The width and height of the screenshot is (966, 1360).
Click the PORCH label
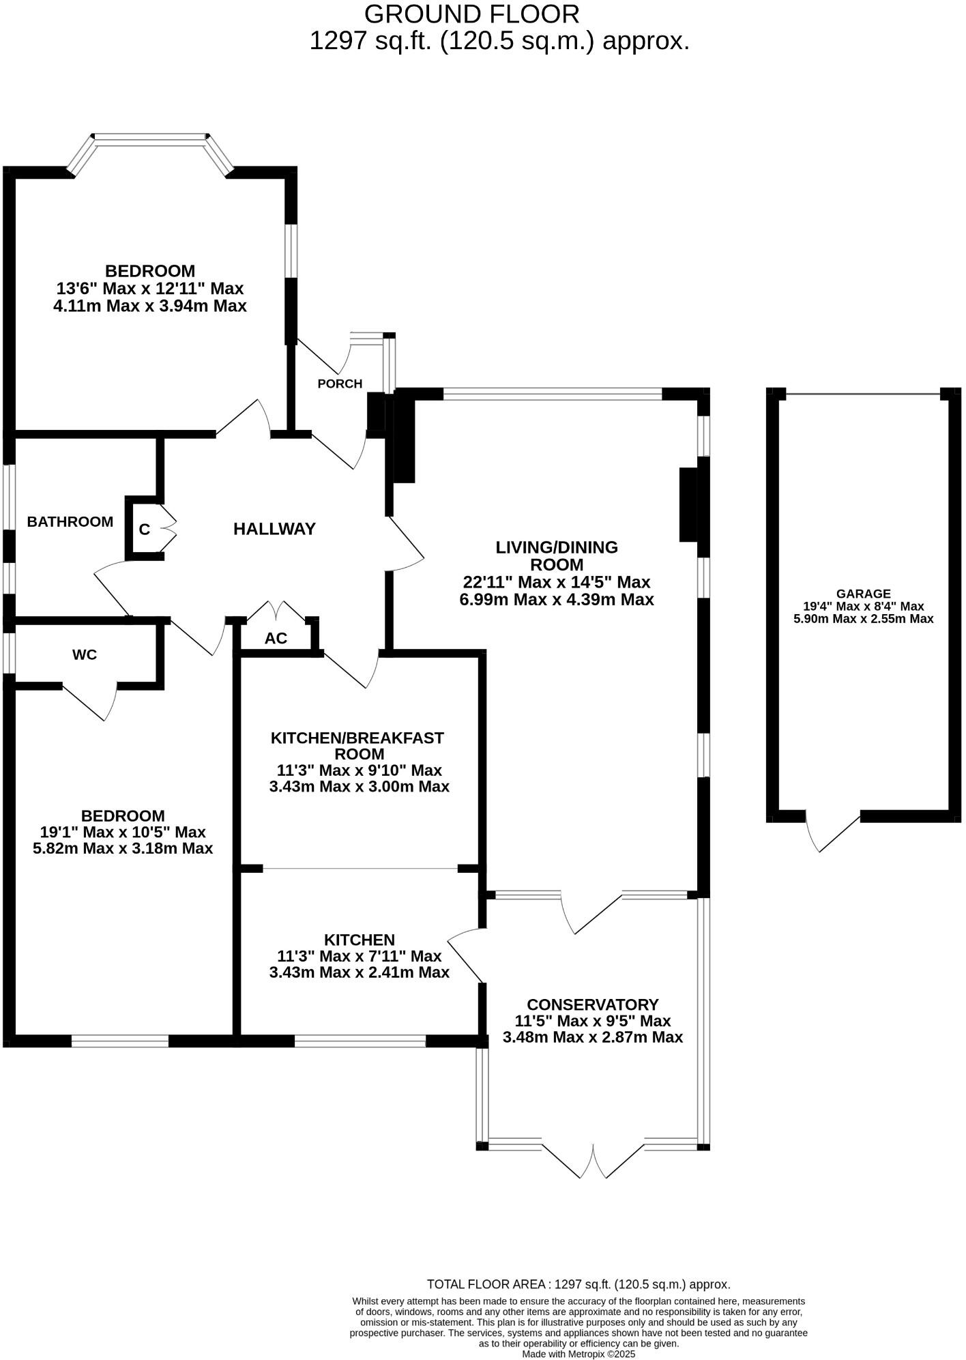pos(340,384)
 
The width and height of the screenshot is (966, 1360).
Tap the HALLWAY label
pos(274,529)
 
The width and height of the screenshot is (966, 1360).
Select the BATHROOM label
pos(70,522)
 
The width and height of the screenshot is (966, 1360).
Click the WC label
pos(85,655)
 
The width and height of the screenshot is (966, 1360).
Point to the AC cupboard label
pos(276,639)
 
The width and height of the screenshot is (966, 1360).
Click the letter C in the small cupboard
pos(145,530)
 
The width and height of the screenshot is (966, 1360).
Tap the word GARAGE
pos(863,594)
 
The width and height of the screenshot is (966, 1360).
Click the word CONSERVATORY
pos(592,1004)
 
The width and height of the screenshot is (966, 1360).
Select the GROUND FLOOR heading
pos(471,14)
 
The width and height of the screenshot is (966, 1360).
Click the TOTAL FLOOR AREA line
pos(579,1284)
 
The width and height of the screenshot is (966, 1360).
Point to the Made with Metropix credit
pos(579,1354)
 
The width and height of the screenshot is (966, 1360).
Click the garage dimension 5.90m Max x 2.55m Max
pos(863,619)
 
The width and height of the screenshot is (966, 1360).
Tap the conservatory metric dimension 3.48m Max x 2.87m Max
pos(592,1037)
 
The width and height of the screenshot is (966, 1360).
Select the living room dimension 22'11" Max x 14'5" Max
pos(557,582)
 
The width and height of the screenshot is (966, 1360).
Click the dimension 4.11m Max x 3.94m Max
pos(149,306)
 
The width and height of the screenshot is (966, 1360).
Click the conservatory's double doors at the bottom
pos(593,1160)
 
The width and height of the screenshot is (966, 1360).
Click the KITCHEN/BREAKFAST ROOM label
pos(357,746)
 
